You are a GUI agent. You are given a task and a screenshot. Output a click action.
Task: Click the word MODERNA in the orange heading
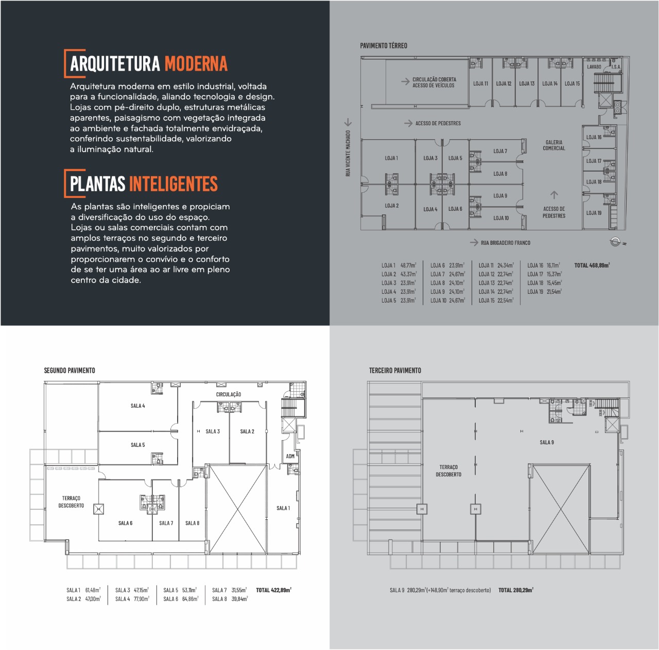(x=196, y=64)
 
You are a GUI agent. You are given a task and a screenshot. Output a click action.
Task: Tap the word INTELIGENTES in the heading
(x=173, y=184)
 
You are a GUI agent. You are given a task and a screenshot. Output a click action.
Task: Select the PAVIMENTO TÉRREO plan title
(x=384, y=46)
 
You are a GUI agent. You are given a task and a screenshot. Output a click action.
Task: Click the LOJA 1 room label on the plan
(x=391, y=158)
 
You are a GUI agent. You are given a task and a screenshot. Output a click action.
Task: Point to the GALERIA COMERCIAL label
(x=553, y=145)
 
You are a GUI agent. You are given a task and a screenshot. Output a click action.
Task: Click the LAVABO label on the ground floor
(x=594, y=67)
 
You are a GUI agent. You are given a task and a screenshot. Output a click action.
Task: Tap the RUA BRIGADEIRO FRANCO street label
(x=505, y=243)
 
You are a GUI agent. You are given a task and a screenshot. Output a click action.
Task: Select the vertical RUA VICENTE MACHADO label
(x=348, y=153)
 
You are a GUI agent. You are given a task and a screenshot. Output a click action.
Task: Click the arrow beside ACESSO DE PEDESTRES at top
(x=408, y=124)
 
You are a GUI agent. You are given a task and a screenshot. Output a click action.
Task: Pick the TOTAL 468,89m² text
(x=592, y=265)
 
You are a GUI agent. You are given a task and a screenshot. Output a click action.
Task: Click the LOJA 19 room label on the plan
(x=594, y=213)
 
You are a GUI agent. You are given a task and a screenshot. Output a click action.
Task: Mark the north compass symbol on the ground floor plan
(x=616, y=242)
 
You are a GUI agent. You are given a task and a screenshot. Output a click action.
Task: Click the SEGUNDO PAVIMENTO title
(x=70, y=371)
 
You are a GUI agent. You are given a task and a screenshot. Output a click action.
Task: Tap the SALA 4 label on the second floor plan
(x=137, y=406)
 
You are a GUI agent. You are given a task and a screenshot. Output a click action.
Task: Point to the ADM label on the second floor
(x=290, y=456)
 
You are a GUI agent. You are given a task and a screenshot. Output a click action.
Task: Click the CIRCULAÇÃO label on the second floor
(x=228, y=395)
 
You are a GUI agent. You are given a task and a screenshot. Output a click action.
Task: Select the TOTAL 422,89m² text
(x=273, y=590)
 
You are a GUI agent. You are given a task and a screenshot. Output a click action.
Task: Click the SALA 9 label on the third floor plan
(x=547, y=442)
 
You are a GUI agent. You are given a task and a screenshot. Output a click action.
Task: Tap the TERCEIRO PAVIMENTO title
(x=395, y=371)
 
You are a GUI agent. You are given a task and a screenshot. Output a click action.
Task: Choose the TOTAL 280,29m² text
(x=515, y=590)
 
